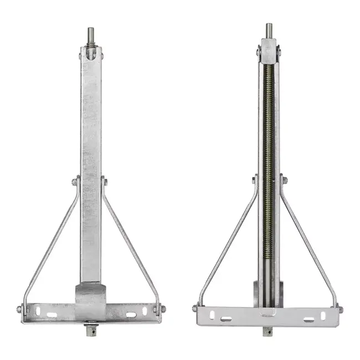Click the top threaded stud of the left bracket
[91, 36]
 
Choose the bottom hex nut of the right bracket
[268, 331]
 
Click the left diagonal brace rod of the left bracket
[50, 244]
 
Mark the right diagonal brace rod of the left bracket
[131, 244]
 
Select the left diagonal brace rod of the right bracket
[227, 244]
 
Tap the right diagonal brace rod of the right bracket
[309, 244]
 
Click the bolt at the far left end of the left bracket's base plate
[19, 310]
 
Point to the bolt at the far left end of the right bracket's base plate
[195, 308]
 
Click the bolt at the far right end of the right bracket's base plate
[340, 309]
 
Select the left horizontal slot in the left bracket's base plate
[51, 315]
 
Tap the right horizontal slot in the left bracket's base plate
[131, 315]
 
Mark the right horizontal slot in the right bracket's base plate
[308, 319]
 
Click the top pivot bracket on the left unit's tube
[91, 54]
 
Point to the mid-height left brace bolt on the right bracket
[254, 179]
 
